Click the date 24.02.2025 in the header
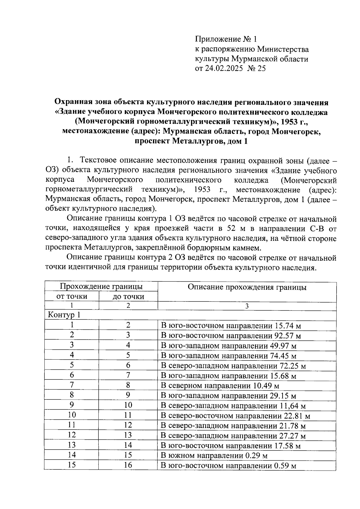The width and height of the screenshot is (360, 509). click(x=223, y=68)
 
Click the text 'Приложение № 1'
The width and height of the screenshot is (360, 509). click(x=226, y=39)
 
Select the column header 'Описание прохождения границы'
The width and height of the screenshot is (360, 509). click(x=247, y=287)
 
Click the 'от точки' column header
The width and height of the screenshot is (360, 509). click(x=72, y=296)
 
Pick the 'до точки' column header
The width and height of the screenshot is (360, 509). click(x=128, y=297)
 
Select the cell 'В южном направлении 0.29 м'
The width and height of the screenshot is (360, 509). click(x=214, y=456)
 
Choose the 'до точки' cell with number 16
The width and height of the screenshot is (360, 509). click(x=128, y=465)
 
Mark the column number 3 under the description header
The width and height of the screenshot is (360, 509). click(x=247, y=306)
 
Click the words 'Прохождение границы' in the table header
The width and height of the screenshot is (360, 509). click(x=101, y=286)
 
